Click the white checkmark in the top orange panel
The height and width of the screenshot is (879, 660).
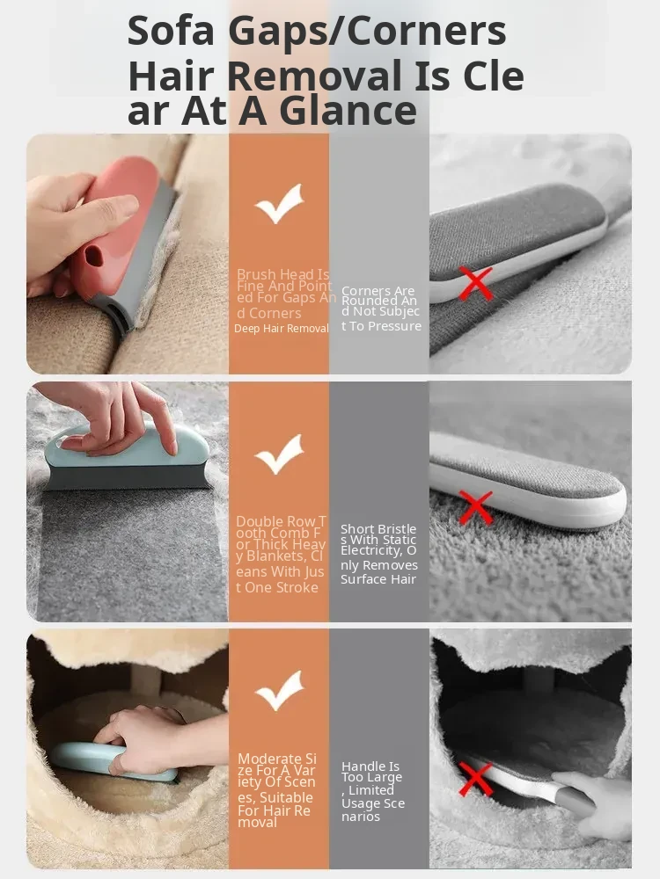tap(279, 204)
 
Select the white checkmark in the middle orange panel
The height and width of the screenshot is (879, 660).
tap(279, 454)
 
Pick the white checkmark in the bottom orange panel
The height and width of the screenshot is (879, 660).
tap(279, 691)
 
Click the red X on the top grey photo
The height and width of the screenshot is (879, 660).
tap(476, 283)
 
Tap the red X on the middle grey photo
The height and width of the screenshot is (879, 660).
tap(476, 507)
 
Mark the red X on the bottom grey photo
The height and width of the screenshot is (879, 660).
tap(476, 778)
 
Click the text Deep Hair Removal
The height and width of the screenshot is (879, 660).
tap(282, 329)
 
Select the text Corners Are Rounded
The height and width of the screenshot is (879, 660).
tap(378, 296)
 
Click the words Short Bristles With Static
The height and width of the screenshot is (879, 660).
tap(378, 534)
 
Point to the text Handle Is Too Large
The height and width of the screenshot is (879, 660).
tap(371, 772)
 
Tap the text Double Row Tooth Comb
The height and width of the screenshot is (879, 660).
tap(281, 527)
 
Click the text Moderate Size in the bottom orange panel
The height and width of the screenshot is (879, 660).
tap(277, 766)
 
